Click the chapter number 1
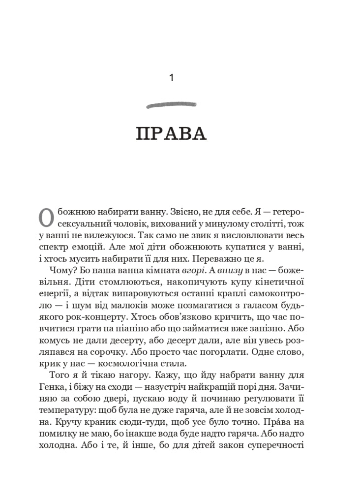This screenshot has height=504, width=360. point(171,78)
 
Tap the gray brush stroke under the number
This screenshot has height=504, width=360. point(171,104)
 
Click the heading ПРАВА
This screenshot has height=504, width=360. point(171,134)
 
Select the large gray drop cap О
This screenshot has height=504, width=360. point(46,218)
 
